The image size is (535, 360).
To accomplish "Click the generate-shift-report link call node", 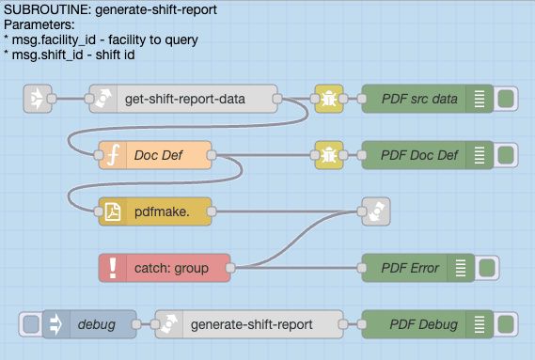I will pyautogui.click(x=249, y=324).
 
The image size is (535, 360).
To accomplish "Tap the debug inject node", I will pyautogui.click(x=89, y=324).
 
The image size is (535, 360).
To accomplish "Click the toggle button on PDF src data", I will pyautogui.click(x=506, y=98).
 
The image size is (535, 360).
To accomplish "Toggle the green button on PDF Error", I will pyautogui.click(x=487, y=268).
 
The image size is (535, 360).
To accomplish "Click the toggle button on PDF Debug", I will pyautogui.click(x=506, y=324).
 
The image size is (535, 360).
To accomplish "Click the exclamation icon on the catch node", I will pyautogui.click(x=113, y=268).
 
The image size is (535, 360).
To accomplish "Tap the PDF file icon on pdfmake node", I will pyautogui.click(x=113, y=212).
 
